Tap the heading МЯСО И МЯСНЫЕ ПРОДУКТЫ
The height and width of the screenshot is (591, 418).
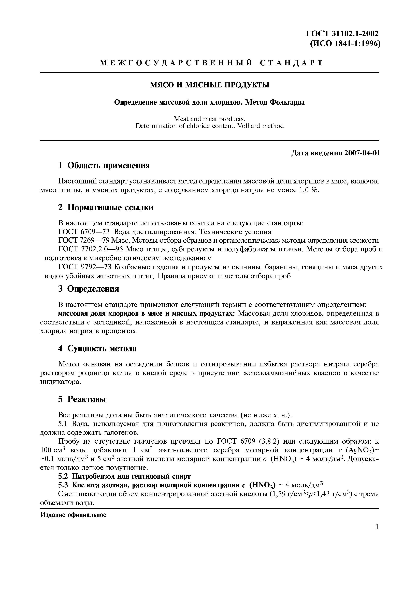pyautogui.click(x=209, y=85)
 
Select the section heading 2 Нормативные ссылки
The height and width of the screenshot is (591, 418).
pyautogui.click(x=106, y=207)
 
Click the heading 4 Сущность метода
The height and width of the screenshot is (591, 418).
pyautogui.click(x=97, y=349)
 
